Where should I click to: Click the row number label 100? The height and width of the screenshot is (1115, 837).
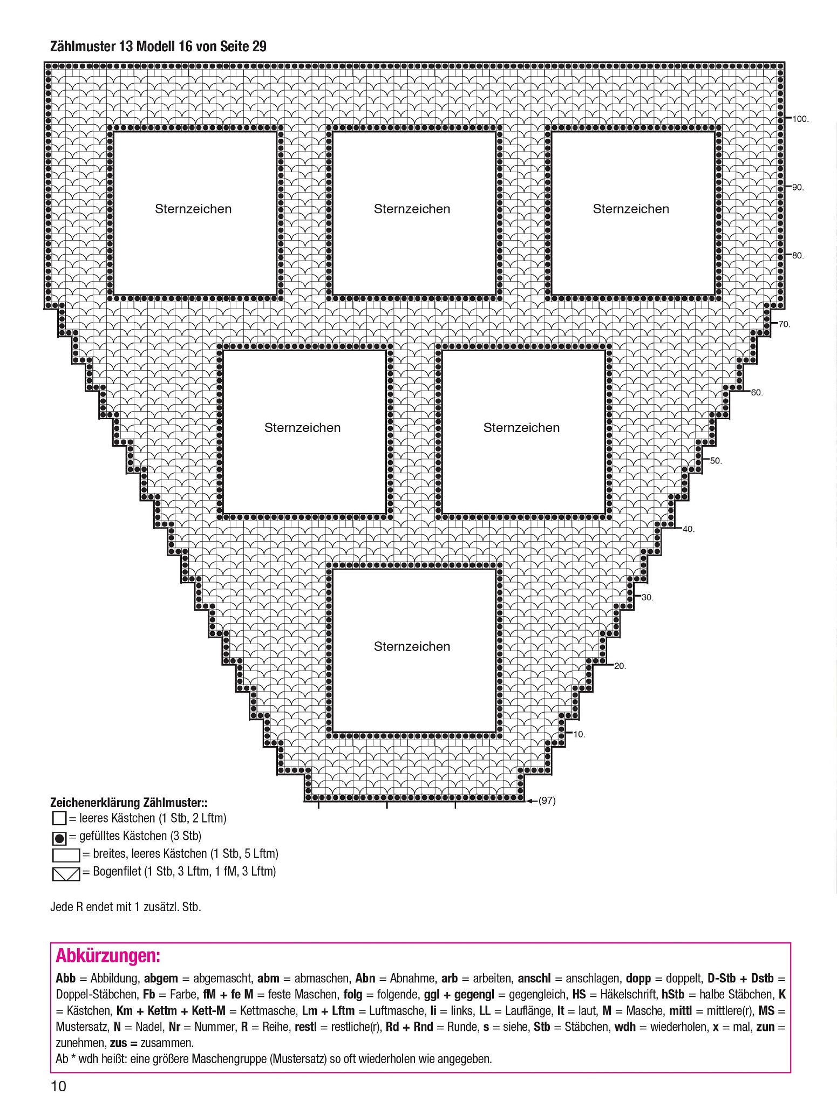tap(800, 119)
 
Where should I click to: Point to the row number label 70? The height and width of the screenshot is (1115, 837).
tap(784, 325)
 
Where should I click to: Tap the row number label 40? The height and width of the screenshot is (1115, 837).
tap(689, 530)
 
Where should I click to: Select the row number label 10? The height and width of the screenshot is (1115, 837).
tap(579, 735)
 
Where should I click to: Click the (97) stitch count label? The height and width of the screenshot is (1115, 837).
tap(547, 801)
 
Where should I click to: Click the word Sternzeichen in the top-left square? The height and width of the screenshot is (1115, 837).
tap(193, 209)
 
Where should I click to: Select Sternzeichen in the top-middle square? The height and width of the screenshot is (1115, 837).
tap(412, 209)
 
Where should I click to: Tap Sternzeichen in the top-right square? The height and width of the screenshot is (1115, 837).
tap(631, 209)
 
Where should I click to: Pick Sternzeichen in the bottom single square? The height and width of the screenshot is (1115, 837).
tap(412, 647)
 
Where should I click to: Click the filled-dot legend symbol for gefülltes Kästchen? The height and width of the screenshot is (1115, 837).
tap(59, 838)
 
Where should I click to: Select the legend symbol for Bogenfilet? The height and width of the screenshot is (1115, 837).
tap(66, 874)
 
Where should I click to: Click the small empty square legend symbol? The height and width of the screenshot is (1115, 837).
tap(59, 819)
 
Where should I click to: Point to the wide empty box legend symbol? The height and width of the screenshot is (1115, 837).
tap(66, 856)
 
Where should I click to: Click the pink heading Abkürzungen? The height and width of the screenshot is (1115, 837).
tap(108, 957)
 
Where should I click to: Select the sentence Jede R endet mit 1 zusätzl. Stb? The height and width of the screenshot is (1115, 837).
tap(126, 907)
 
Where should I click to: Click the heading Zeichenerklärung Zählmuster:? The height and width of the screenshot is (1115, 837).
tap(129, 802)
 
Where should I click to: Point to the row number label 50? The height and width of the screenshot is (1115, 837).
tap(716, 461)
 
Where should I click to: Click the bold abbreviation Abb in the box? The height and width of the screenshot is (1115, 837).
tap(66, 979)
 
